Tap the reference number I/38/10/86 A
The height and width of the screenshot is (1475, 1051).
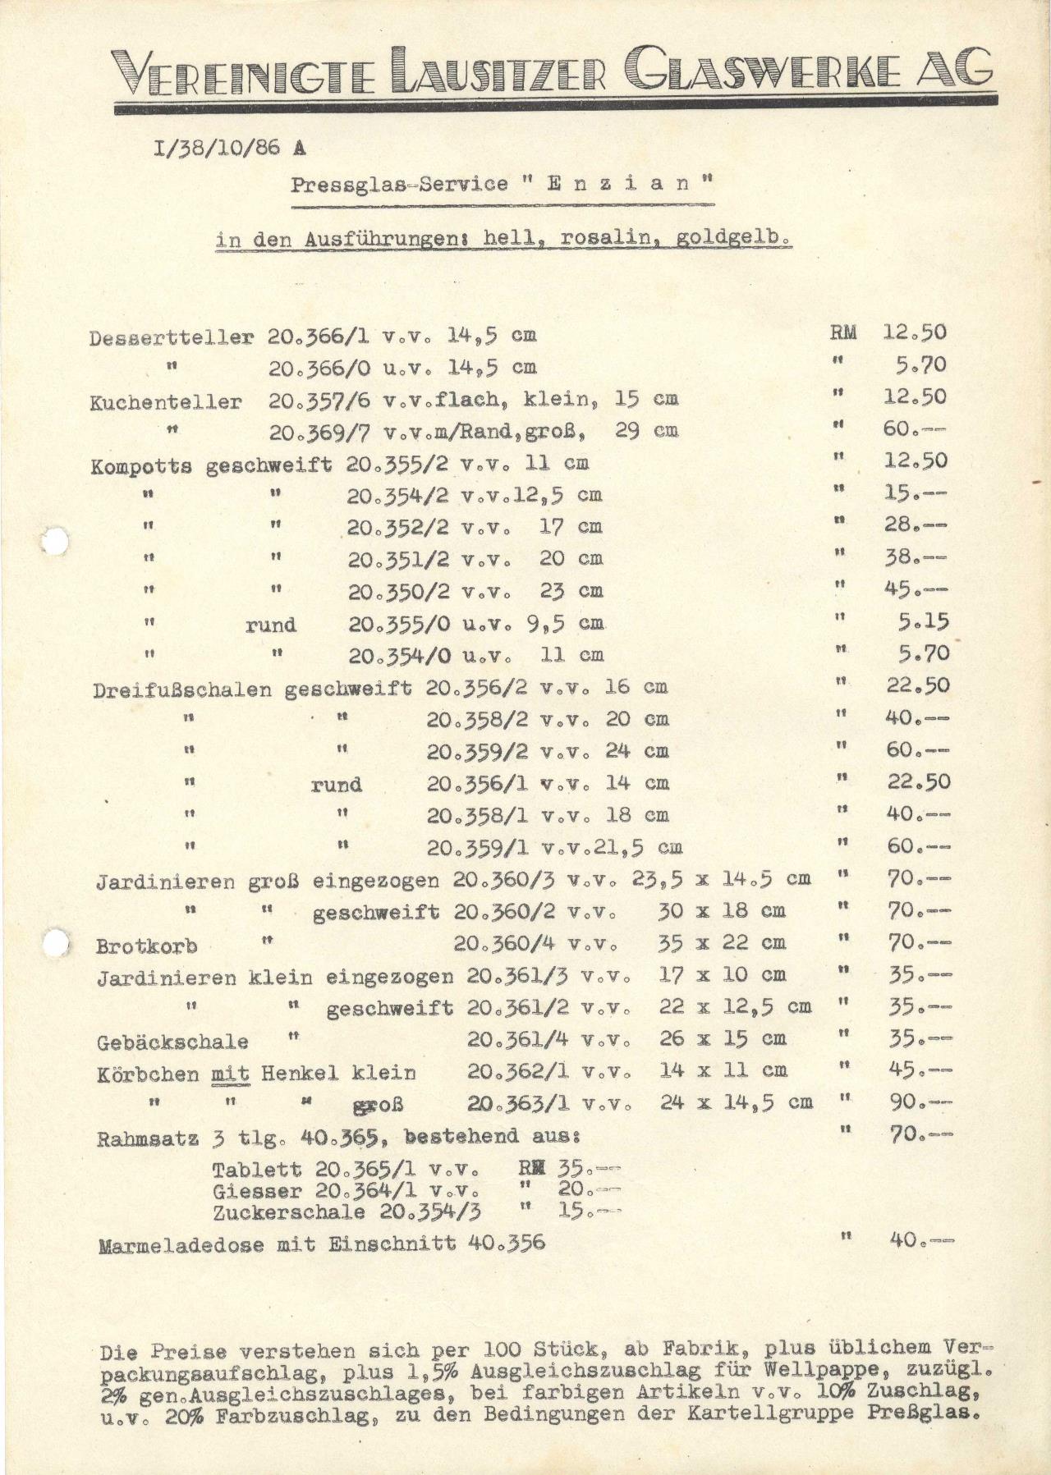[x=228, y=149]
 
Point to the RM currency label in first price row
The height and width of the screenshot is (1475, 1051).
[x=844, y=332]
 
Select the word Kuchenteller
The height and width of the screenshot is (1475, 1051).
[x=166, y=402]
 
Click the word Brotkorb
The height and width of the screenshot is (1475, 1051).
[x=146, y=946]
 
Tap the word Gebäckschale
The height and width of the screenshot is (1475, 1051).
[x=172, y=1042]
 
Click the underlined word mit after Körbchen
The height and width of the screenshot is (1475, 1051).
[x=229, y=1073]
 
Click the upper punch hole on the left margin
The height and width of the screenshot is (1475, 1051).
[x=55, y=541]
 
